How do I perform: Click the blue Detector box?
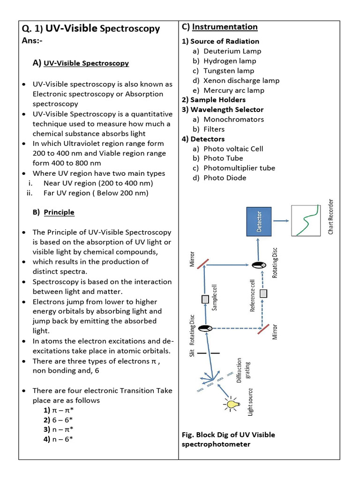259,221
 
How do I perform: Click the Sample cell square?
205,299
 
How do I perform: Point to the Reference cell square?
263,293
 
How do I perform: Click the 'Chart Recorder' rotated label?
330,217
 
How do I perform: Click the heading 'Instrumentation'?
225,27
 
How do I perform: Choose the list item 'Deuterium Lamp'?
232,51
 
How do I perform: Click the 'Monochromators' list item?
233,119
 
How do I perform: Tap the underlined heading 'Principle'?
59,212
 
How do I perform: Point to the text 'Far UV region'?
67,193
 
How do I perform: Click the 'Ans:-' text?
32,41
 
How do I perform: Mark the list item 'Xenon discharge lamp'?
241,80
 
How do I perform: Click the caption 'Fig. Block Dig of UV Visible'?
228,435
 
